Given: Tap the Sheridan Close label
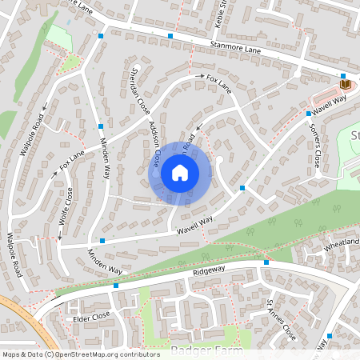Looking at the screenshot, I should (x=134, y=89).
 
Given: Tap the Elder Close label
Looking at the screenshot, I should (x=90, y=317).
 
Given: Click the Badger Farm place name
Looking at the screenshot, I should (x=190, y=350).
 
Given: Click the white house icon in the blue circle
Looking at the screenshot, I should (x=180, y=173).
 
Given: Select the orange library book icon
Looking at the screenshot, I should (x=346, y=83).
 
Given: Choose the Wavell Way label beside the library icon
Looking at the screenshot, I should (x=329, y=103).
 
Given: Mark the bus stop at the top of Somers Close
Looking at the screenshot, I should (x=310, y=114).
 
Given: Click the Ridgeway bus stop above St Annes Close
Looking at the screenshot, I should (x=266, y=262).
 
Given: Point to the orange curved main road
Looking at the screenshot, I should (x=24, y=320).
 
